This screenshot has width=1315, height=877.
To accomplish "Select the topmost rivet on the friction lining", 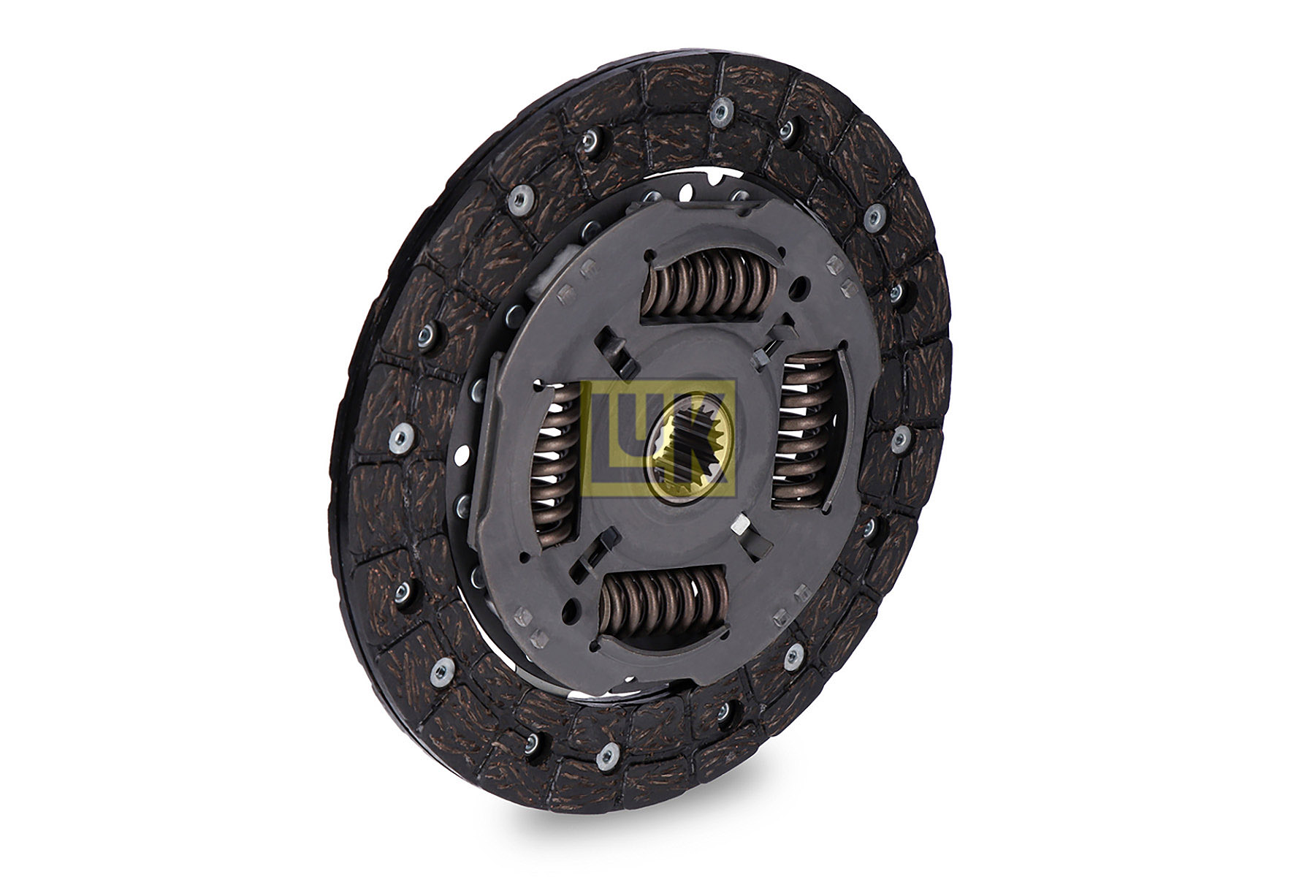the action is (720, 112).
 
